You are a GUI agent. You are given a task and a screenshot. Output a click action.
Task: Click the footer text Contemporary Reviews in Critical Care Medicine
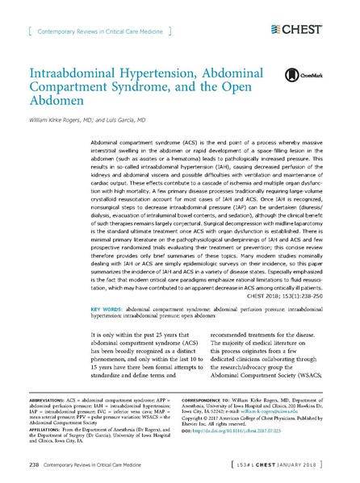tap(95, 466)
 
